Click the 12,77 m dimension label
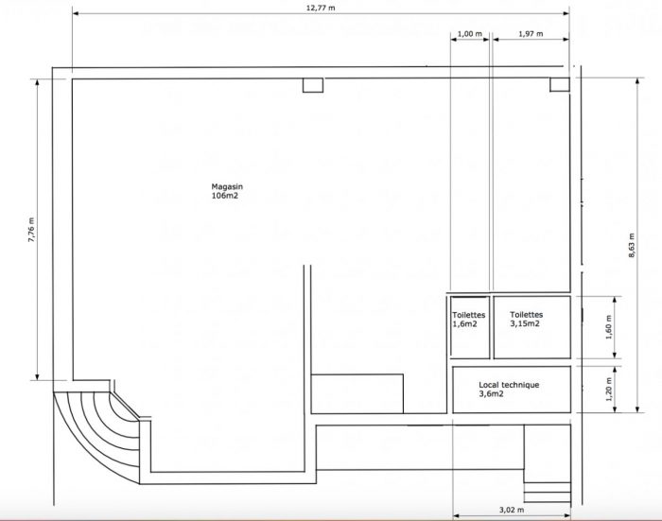click(x=321, y=8)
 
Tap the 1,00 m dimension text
click(x=469, y=33)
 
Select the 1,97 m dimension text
click(x=531, y=33)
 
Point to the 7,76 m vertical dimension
click(x=31, y=230)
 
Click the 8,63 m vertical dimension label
click(x=632, y=245)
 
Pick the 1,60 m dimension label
click(x=608, y=327)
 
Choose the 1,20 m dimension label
click(x=608, y=389)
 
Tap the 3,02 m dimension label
click(x=512, y=510)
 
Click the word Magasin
click(x=227, y=186)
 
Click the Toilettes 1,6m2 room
click(x=470, y=327)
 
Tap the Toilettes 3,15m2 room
click(x=531, y=327)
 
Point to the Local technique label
click(x=509, y=385)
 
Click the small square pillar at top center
click(x=313, y=85)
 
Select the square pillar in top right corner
click(x=560, y=84)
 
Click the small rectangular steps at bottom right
click(x=548, y=493)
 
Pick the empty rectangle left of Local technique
click(x=357, y=393)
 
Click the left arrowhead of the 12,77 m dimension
click(x=76, y=13)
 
